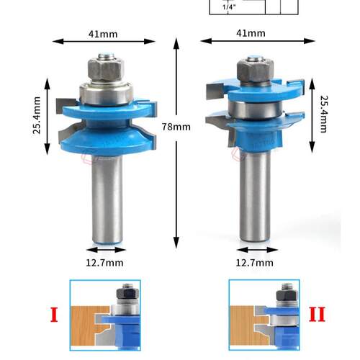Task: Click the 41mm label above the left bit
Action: pyautogui.click(x=103, y=34)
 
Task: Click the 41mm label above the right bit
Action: pyautogui.click(x=251, y=33)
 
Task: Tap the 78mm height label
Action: pyautogui.click(x=176, y=127)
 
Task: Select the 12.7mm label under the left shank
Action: pyautogui.click(x=104, y=263)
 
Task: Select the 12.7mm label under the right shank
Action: pyautogui.click(x=254, y=263)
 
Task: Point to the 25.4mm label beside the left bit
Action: pyautogui.click(x=37, y=115)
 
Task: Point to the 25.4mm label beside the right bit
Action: pyautogui.click(x=323, y=114)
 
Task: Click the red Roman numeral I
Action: pyautogui.click(x=54, y=315)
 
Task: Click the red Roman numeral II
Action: pyautogui.click(x=317, y=314)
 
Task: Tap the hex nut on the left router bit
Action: pyautogui.click(x=106, y=69)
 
